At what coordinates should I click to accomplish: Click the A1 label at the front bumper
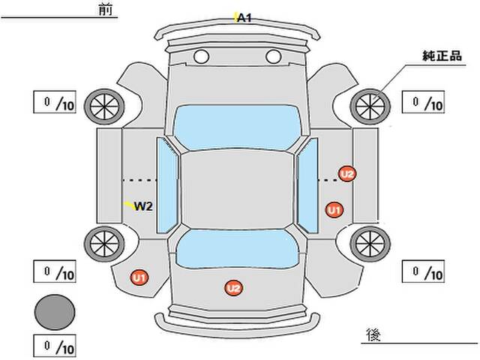[x=244, y=16]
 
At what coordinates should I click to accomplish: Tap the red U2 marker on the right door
[x=346, y=174]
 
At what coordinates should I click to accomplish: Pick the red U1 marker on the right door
[x=334, y=210]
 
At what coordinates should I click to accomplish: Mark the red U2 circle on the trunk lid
[x=234, y=287]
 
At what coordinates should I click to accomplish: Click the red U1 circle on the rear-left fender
[x=139, y=277]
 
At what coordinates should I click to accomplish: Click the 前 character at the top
[x=103, y=10]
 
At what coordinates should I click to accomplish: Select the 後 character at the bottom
[x=373, y=333]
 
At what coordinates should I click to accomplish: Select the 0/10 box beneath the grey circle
[x=55, y=347]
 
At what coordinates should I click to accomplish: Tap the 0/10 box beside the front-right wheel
[x=423, y=102]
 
